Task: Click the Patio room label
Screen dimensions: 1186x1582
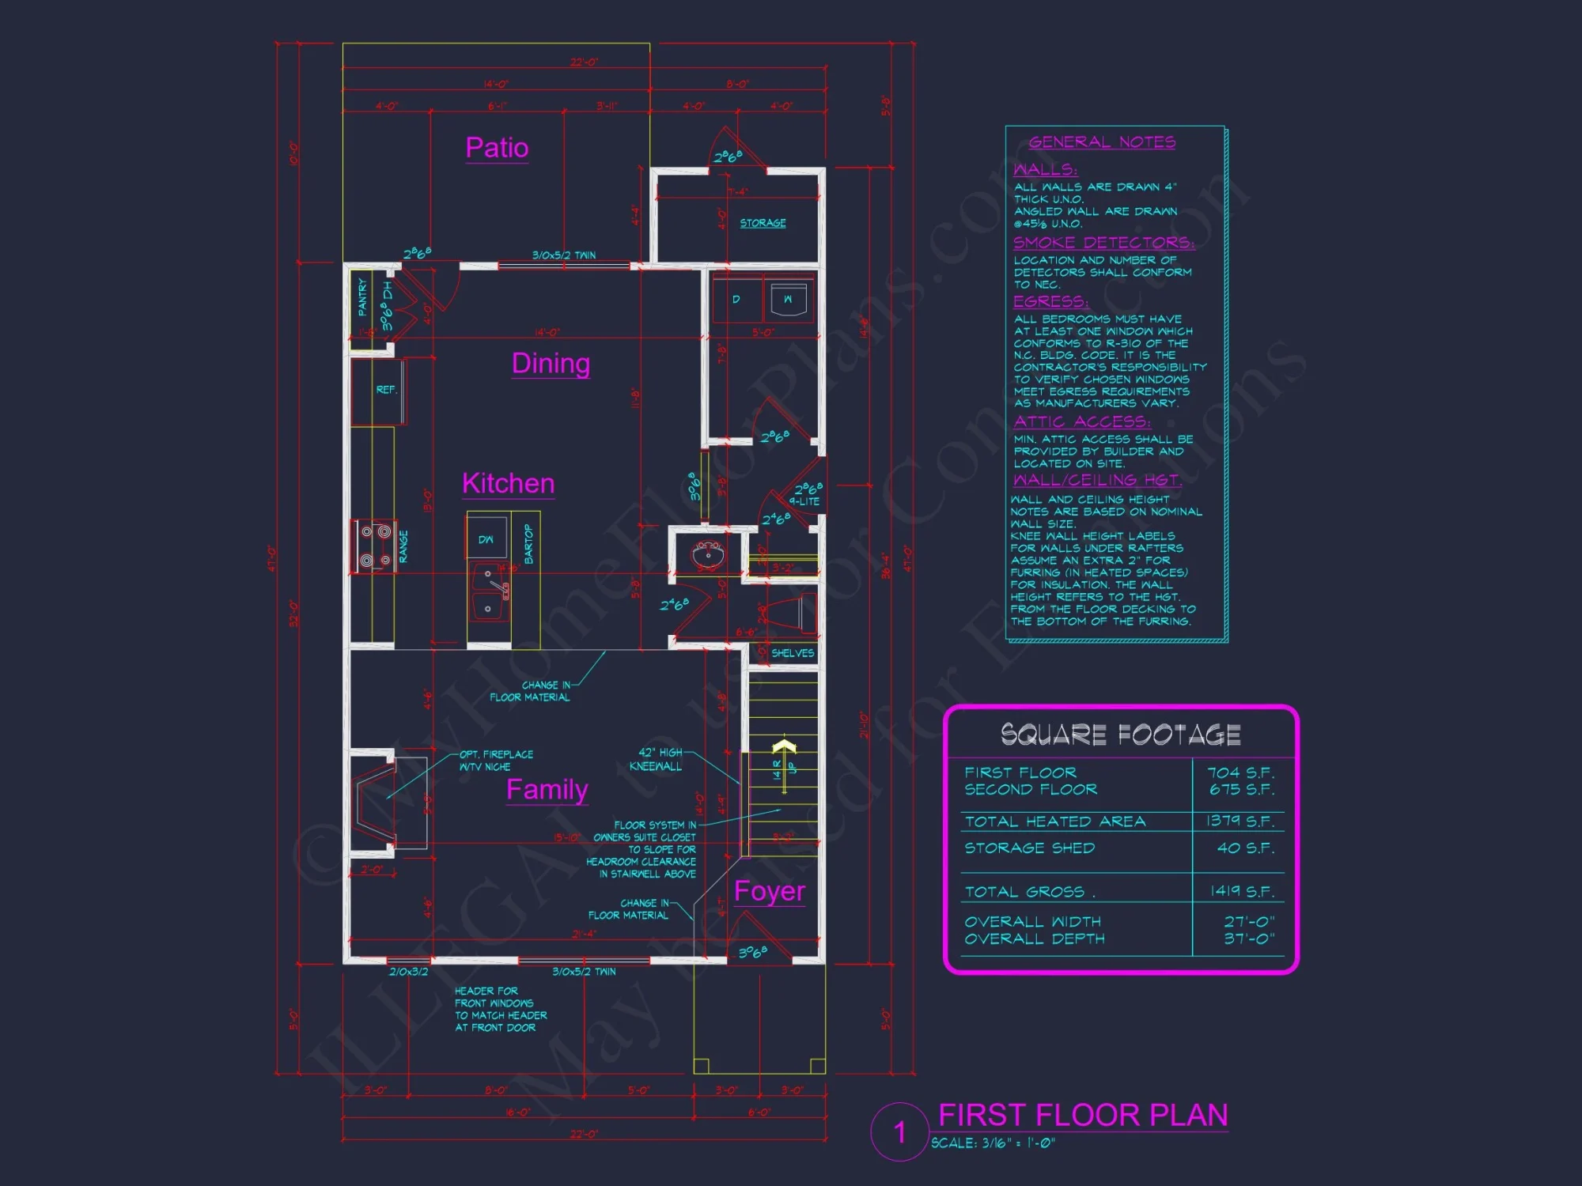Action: click(497, 148)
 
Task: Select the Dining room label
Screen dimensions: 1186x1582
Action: click(551, 363)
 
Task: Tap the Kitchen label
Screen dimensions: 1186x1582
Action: click(508, 483)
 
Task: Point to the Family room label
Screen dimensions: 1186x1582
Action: click(547, 789)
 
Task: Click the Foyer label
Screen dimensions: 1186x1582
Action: click(769, 891)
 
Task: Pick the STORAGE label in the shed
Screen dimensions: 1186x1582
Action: click(763, 223)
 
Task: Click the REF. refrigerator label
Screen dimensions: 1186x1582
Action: click(386, 390)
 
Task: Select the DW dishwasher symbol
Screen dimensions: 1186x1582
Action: click(486, 539)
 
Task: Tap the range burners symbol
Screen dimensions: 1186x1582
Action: click(375, 546)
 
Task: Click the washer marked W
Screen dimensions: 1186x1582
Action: click(788, 300)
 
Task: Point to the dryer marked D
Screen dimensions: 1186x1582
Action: click(736, 300)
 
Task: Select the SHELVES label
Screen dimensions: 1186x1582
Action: click(792, 653)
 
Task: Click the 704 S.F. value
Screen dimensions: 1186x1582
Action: click(1240, 772)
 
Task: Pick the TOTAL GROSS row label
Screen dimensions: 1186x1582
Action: click(1025, 892)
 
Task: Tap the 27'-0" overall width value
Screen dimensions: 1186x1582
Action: click(1249, 922)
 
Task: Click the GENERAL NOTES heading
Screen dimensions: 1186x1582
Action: click(1102, 142)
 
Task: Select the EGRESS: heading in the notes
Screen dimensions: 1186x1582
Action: click(1050, 302)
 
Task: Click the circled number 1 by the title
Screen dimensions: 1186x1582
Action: click(899, 1132)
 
